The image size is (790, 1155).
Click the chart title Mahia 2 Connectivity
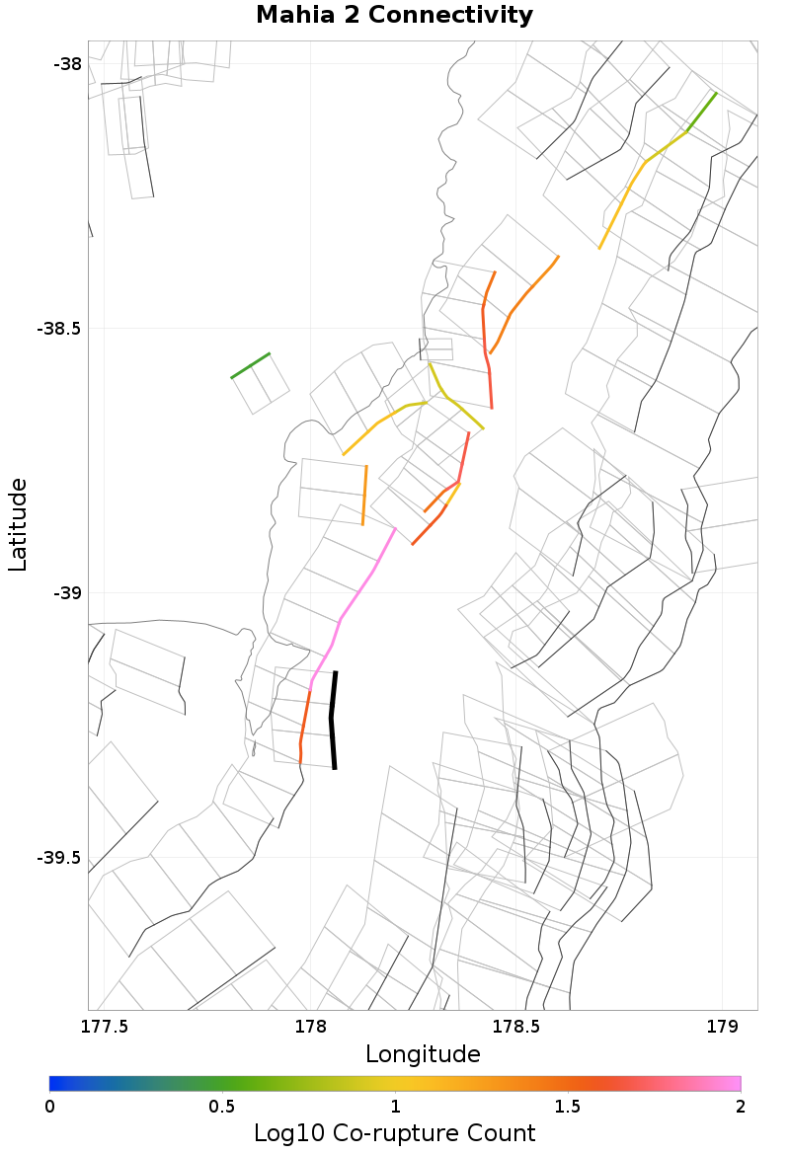click(x=394, y=16)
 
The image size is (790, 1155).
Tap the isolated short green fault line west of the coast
click(x=250, y=365)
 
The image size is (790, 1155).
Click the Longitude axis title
click(x=423, y=1054)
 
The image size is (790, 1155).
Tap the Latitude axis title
click(x=18, y=525)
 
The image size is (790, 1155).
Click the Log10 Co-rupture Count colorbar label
click(x=394, y=1132)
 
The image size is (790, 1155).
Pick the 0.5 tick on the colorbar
click(x=222, y=1106)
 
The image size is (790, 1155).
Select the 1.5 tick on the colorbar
click(x=568, y=1106)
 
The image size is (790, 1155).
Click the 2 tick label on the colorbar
click(x=741, y=1106)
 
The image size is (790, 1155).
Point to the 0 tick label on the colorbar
click(x=49, y=1106)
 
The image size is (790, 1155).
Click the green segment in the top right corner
click(x=702, y=112)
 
